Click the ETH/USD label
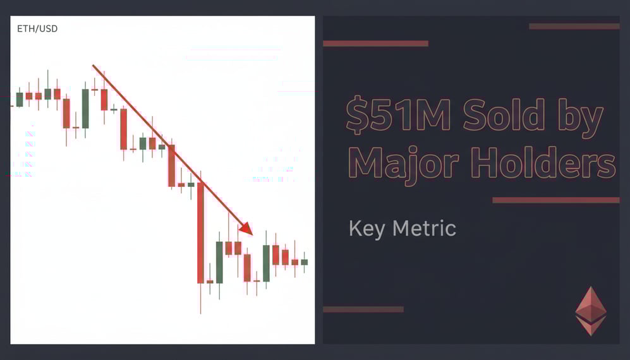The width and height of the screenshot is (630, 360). point(37,29)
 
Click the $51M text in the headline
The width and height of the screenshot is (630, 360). point(399,115)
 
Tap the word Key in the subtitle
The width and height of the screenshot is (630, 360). point(366,228)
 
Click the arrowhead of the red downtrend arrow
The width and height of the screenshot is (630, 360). point(246,228)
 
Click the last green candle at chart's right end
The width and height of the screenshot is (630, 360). point(304,261)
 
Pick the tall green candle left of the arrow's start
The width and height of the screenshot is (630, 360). point(85,109)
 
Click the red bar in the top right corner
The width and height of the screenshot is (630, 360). point(574,27)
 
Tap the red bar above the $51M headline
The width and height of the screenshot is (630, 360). point(375,44)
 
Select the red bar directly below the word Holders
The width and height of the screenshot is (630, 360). point(555,200)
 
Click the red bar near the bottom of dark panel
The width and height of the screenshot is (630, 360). point(363,309)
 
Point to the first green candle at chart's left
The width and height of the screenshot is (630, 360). point(20,100)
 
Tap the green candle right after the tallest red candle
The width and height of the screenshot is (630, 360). point(219,262)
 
